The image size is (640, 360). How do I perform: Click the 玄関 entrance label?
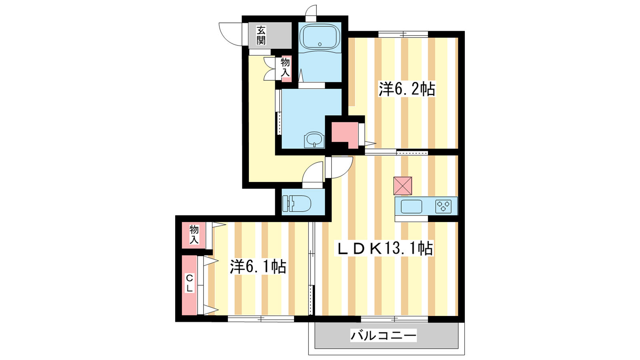pos(261,36)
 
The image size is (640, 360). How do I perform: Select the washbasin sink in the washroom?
pos(314,140)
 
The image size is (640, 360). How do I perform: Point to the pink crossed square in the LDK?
pos(402,186)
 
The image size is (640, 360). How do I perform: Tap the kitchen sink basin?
pos(412,206)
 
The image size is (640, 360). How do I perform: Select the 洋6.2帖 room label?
pos(407,89)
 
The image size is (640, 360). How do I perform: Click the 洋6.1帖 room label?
pos(258,266)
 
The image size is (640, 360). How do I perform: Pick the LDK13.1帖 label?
pos(384,248)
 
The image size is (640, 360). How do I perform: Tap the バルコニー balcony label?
pos(384,335)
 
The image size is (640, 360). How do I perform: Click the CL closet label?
pos(190,283)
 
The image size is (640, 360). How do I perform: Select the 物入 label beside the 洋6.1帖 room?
pos(194,234)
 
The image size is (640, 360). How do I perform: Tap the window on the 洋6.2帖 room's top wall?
pos(403,34)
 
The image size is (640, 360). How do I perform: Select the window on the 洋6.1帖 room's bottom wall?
pos(261,319)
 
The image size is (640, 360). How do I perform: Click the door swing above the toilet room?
pos(313,174)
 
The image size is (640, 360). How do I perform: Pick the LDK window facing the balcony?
pos(394,319)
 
